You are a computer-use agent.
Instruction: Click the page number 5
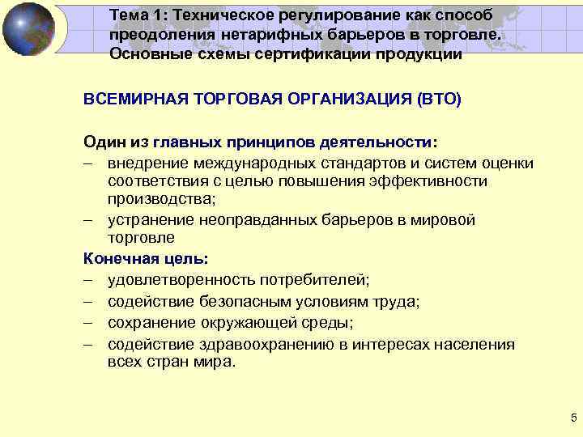tap(573, 418)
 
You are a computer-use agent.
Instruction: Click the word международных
tap(250, 163)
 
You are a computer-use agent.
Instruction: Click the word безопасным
tap(238, 302)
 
